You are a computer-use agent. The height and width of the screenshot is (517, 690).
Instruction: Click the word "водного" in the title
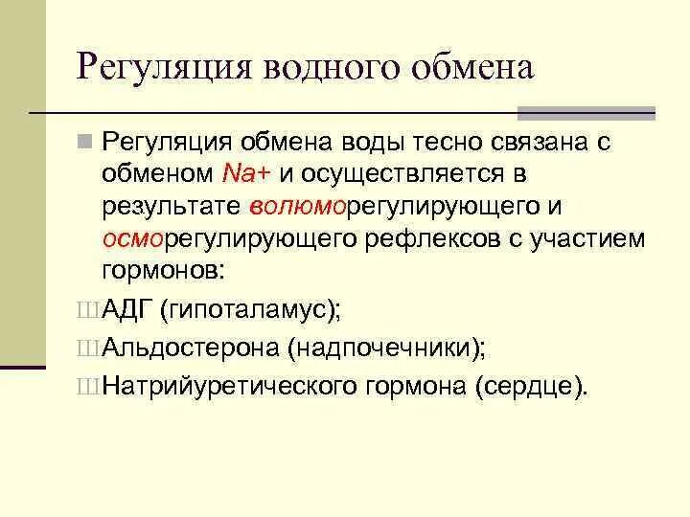click(x=321, y=69)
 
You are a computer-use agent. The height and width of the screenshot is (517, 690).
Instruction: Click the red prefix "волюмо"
click(x=285, y=206)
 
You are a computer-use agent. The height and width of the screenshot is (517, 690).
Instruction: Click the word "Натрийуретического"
click(x=227, y=386)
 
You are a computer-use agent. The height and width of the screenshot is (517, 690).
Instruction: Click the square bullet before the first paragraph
click(x=84, y=143)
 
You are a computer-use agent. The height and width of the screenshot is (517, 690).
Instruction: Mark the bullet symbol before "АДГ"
click(x=86, y=310)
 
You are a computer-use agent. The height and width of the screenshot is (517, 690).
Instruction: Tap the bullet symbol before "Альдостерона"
click(x=86, y=348)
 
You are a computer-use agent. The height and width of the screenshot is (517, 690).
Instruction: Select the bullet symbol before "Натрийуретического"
click(x=86, y=387)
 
